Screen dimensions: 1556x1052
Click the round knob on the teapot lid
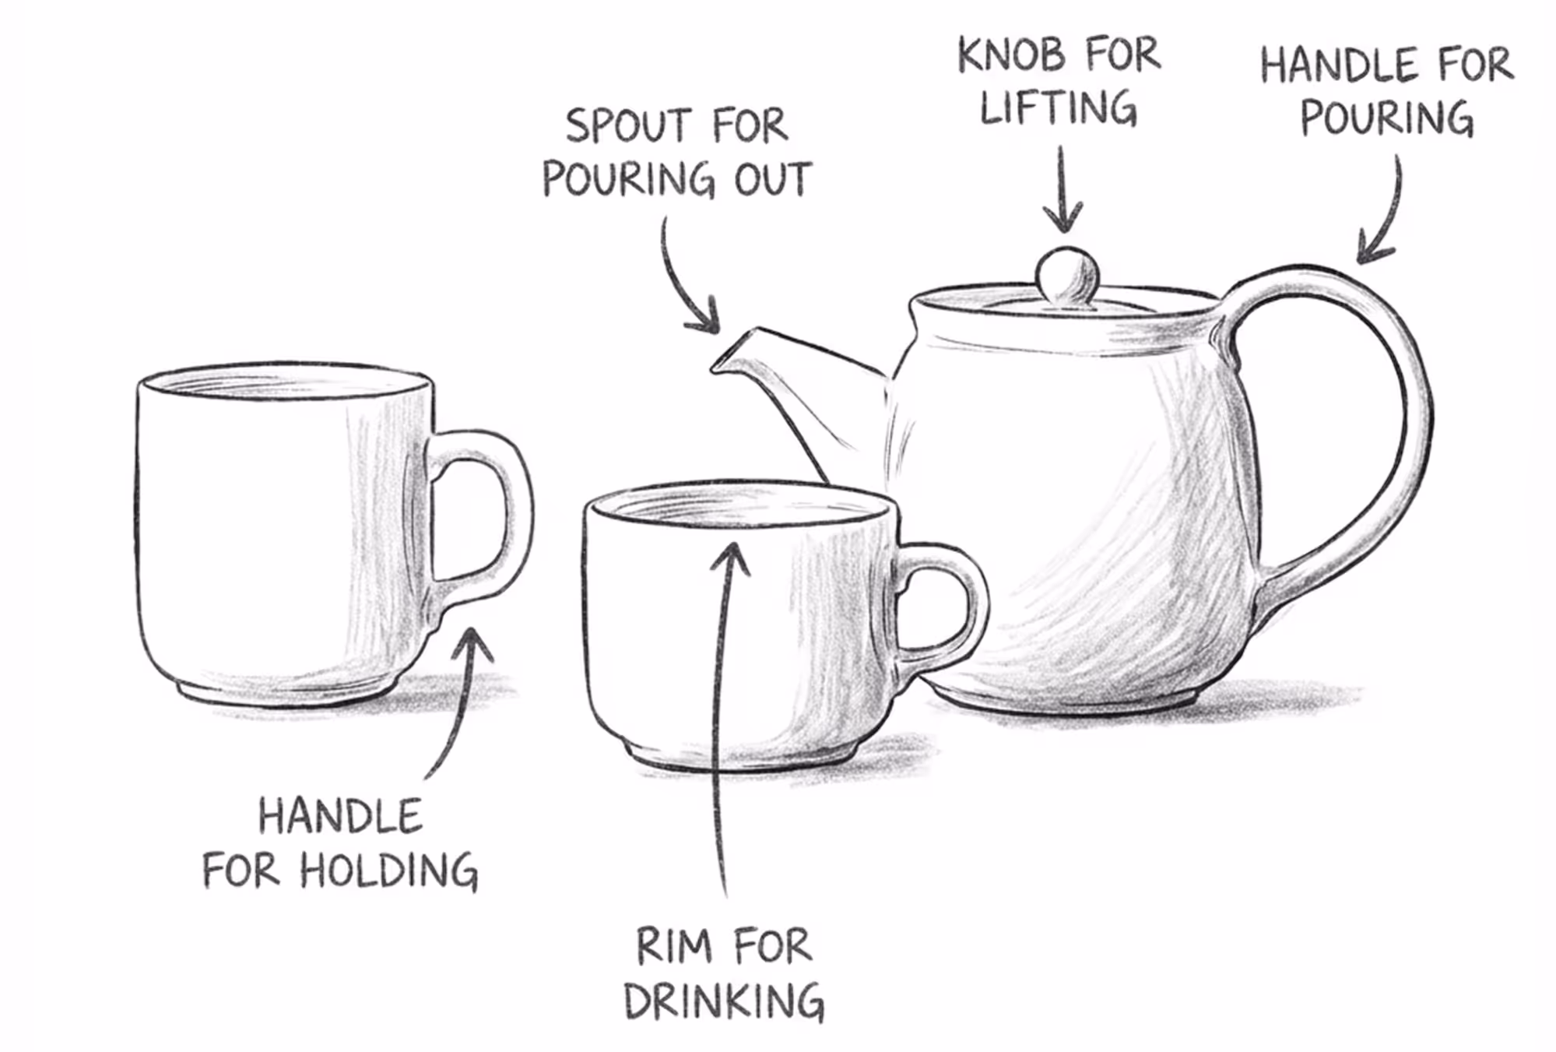click(1067, 276)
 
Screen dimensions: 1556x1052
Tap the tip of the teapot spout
click(715, 366)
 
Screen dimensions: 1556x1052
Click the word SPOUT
click(628, 126)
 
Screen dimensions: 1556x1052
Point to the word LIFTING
click(1058, 107)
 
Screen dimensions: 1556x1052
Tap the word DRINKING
click(724, 1001)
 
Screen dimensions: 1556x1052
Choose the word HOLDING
click(389, 870)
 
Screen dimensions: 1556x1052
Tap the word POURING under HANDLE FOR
click(1386, 118)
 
